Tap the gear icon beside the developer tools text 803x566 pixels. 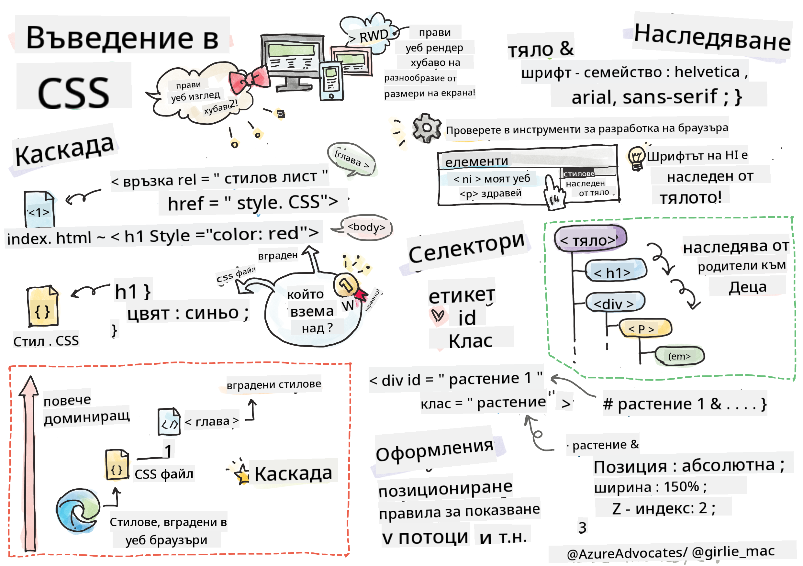[x=426, y=128]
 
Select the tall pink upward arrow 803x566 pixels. [x=30, y=461]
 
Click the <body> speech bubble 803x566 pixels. [x=366, y=228]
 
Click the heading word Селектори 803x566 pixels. [x=466, y=247]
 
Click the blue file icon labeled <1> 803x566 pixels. [x=39, y=209]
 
